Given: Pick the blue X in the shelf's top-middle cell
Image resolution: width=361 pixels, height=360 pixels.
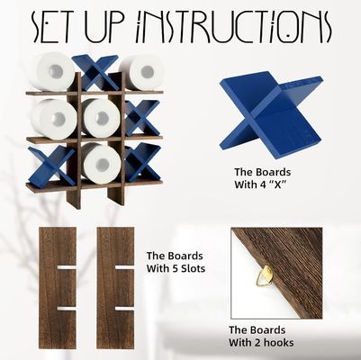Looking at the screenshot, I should tap(96, 72).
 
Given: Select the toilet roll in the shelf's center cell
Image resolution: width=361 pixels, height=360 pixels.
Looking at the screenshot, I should tap(101, 117).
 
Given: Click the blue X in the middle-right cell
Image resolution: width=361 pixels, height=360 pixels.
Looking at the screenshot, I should tap(140, 116).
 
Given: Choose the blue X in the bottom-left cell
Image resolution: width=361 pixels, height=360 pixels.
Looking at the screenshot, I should tap(55, 164).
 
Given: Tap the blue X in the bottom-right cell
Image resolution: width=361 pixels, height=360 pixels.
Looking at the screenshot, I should tap(141, 162).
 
